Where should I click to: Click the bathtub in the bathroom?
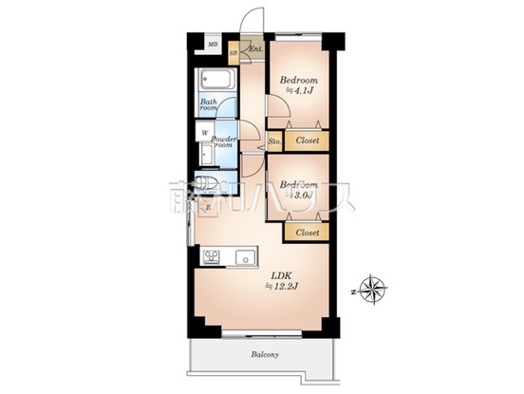click(x=216, y=81)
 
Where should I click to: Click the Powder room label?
click(x=224, y=141)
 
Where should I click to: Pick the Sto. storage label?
click(x=273, y=141)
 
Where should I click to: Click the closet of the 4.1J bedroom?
click(x=307, y=141)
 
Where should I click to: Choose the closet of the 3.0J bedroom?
click(x=307, y=232)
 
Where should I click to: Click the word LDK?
click(x=281, y=276)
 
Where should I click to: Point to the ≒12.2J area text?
click(x=282, y=289)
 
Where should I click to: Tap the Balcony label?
click(x=265, y=355)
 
